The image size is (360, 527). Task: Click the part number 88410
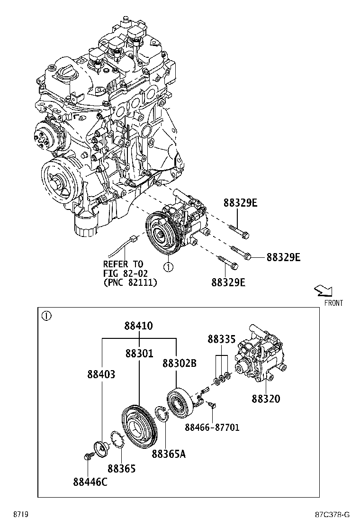pos(139,326)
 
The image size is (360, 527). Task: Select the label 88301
pos(139,354)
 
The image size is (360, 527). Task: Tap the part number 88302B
pos(179,363)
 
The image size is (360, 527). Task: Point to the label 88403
pos(101,374)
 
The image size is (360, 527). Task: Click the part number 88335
pos(221,339)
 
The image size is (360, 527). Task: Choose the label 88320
pos(265,399)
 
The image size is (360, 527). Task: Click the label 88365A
pos(169,454)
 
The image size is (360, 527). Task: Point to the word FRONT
pos(333,303)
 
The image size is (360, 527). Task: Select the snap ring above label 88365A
pos(162,416)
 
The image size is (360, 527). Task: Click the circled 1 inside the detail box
pos(45,315)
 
